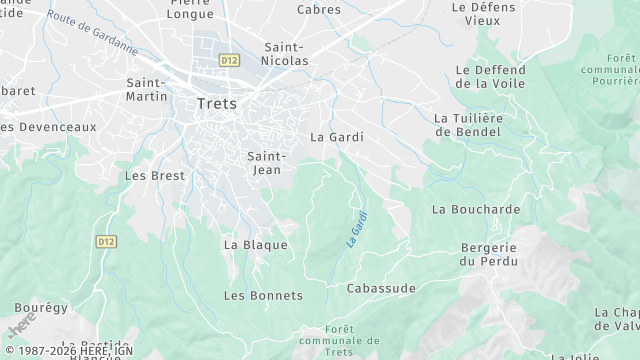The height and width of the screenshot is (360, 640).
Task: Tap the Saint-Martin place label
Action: (x=146, y=89)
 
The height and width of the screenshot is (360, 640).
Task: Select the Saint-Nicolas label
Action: (x=285, y=53)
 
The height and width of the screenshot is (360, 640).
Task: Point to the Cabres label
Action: (x=319, y=10)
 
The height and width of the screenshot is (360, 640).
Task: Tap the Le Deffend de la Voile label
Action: (x=490, y=77)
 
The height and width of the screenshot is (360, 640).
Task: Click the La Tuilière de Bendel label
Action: (x=468, y=124)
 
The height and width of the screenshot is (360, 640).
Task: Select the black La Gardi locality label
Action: (x=337, y=136)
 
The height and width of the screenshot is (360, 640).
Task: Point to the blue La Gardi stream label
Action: (x=357, y=228)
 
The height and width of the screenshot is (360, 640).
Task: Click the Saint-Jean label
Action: (x=266, y=163)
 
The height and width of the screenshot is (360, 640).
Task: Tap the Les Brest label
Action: (x=155, y=175)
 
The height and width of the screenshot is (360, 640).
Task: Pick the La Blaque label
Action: (x=255, y=244)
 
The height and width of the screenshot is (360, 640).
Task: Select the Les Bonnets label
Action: (x=262, y=295)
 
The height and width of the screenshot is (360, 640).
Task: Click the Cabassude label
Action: (x=380, y=288)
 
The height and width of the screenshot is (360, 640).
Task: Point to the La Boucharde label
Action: (x=476, y=209)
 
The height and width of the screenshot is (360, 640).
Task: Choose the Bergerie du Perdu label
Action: (x=488, y=254)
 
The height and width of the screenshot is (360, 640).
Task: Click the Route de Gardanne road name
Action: (x=93, y=31)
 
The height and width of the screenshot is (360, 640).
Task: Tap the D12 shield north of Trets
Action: (x=230, y=60)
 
